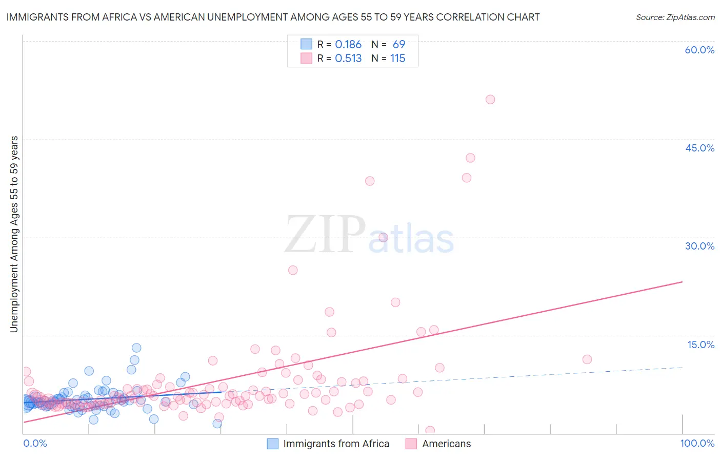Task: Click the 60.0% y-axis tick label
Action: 699,50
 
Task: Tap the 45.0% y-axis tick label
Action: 699,148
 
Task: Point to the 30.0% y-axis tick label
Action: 699,246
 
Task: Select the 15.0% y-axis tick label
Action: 700,345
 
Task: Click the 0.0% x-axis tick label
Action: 35,444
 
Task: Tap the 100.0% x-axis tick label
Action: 697,444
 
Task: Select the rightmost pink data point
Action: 587,359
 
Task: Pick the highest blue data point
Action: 136,348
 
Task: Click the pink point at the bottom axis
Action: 430,431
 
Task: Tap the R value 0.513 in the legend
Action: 348,59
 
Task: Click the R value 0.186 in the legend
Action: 348,45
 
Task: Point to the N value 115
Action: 398,59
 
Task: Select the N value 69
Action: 399,45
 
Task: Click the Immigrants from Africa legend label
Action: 336,444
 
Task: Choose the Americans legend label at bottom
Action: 446,444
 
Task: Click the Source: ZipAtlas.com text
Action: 675,17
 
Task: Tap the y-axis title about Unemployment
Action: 14,234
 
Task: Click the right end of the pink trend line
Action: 682,282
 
